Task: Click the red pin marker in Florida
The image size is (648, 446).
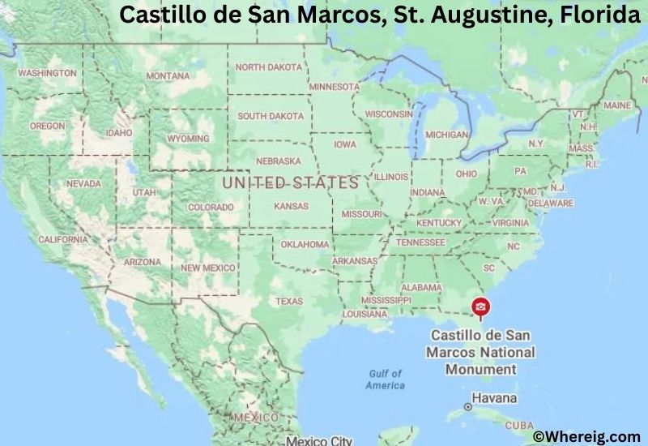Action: click(480, 307)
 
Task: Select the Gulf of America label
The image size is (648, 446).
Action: click(385, 379)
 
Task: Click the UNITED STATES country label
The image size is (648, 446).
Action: click(290, 183)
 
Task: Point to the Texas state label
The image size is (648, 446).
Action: click(289, 301)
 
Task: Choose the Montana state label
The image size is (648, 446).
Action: click(168, 75)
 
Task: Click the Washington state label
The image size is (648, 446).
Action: click(47, 73)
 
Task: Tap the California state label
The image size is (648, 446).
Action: click(62, 239)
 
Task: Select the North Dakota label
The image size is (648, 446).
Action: click(268, 67)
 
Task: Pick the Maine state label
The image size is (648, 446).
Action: click(616, 105)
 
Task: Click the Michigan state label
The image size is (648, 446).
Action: click(446, 135)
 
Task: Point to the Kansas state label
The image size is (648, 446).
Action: click(291, 207)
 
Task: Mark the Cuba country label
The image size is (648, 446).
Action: click(519, 425)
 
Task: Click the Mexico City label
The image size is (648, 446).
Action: click(318, 440)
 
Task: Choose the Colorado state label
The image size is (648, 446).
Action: click(211, 207)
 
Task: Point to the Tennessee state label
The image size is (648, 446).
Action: click(420, 242)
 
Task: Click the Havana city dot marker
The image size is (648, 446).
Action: click(468, 405)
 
